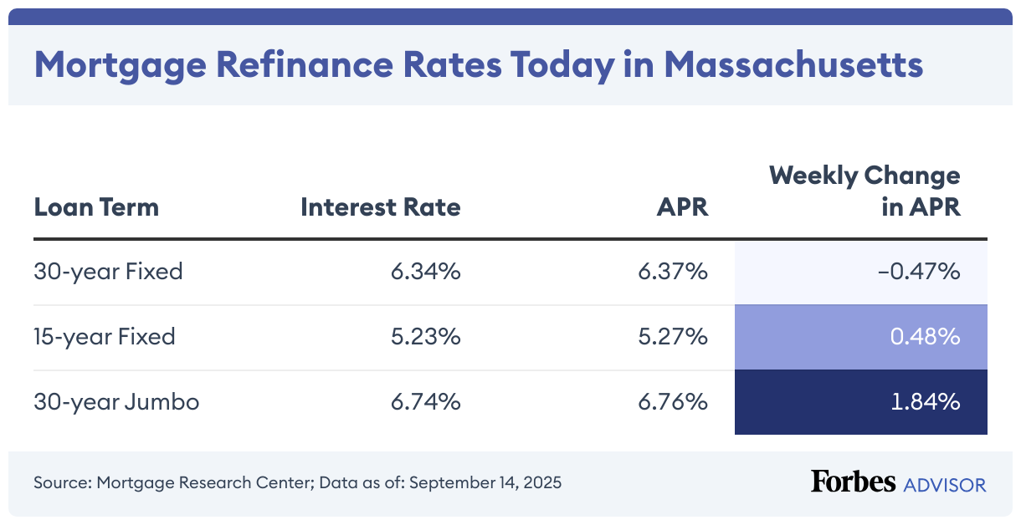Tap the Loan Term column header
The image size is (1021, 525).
coord(96,207)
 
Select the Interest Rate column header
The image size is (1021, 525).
coord(381,207)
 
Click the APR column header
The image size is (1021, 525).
coord(682,207)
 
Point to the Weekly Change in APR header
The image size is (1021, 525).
coord(865,191)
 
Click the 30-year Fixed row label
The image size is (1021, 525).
coord(108,272)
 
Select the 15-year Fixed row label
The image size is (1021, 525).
coord(105,337)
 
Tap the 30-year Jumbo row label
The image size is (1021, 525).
coord(116,402)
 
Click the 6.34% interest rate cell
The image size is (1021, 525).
coord(425,272)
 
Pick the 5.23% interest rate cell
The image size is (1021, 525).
coord(425,337)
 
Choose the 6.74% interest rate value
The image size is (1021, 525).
coord(425,402)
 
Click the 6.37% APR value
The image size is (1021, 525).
coord(673,272)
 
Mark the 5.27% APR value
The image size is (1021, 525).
coord(673,337)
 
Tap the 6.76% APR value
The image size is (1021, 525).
coord(673,402)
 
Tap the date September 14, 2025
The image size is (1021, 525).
coord(485,483)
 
